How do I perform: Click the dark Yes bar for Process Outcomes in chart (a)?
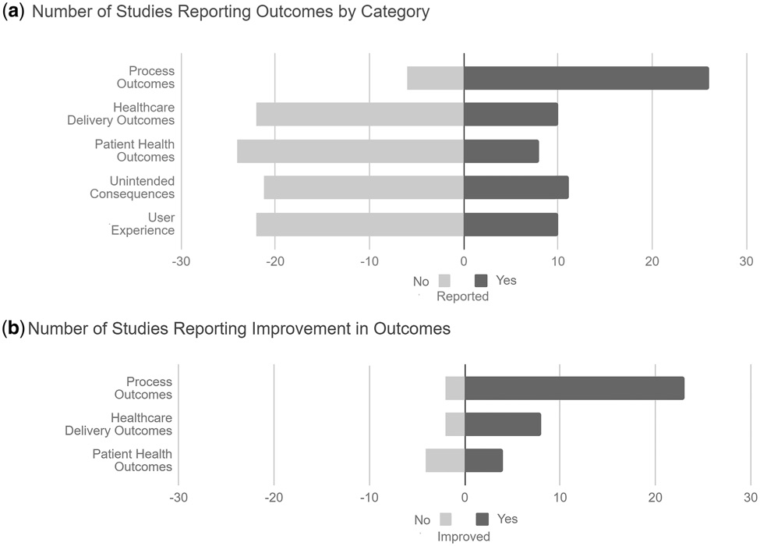(x=586, y=78)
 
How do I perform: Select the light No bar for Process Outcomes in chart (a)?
(x=435, y=78)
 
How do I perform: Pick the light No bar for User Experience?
(x=359, y=224)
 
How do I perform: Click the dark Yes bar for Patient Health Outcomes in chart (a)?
(x=501, y=151)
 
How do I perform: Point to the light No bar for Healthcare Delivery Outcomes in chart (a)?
(x=359, y=115)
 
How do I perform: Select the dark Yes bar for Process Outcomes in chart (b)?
(x=574, y=388)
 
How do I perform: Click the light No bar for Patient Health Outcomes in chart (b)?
(x=445, y=460)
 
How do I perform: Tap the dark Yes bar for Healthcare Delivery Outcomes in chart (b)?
(x=503, y=424)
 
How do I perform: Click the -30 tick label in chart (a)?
(x=181, y=261)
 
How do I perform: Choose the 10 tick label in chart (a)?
(x=558, y=261)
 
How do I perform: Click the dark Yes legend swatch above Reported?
(x=481, y=280)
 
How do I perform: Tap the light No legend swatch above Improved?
(x=446, y=519)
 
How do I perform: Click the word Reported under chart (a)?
(x=462, y=296)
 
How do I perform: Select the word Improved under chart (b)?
(x=464, y=537)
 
